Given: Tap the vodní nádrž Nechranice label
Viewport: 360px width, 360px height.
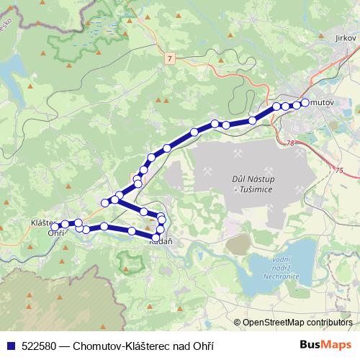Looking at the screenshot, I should point(281,266).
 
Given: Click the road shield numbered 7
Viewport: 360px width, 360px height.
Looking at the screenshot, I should point(168,57).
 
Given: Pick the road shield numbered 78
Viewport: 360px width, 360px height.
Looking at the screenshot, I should point(289,143).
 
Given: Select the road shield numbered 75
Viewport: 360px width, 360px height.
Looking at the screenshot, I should point(340,170).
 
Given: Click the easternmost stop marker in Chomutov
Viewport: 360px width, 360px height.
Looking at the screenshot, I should point(305,103).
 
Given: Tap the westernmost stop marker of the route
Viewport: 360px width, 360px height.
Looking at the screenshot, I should point(55,226).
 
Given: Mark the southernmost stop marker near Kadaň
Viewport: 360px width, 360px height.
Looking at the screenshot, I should point(156,237).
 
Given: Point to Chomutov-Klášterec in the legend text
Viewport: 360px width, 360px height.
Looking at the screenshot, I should point(120,346).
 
